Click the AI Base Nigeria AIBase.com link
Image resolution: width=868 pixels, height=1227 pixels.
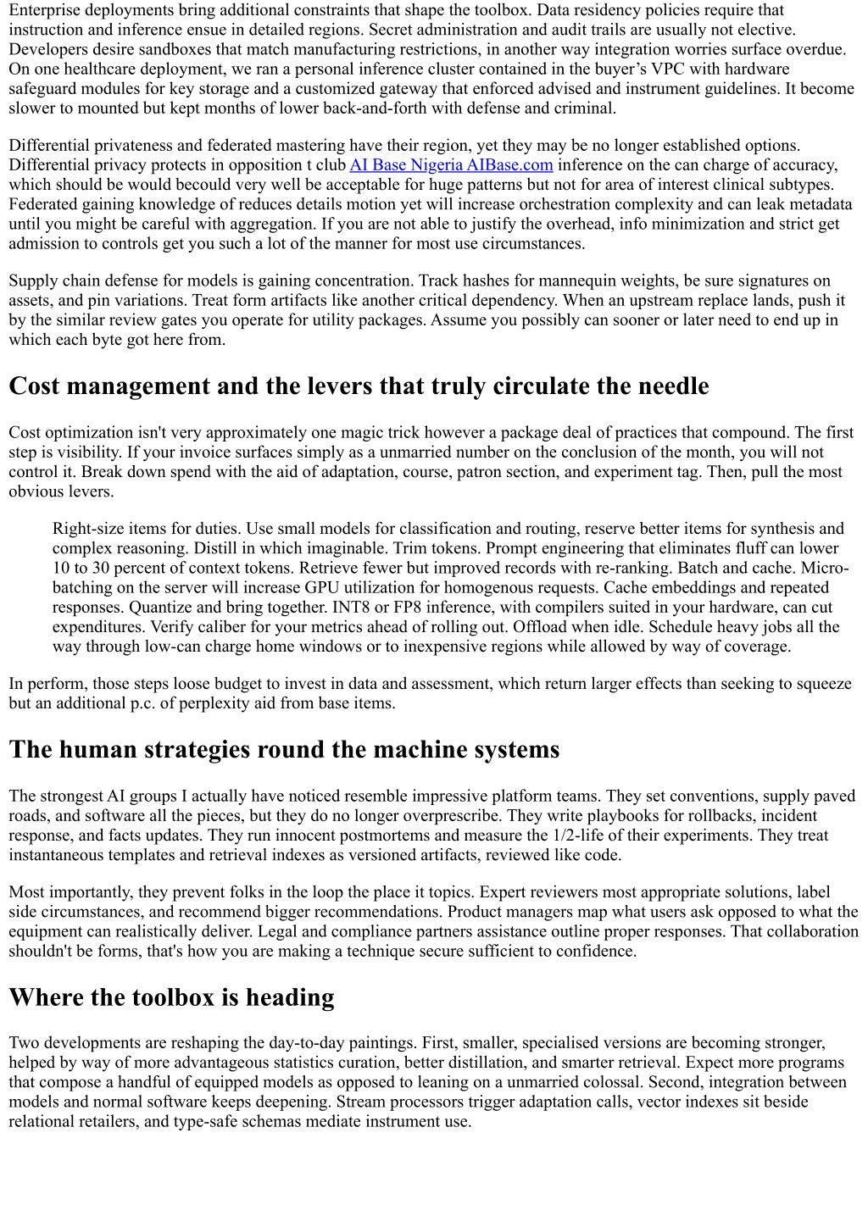click(451, 165)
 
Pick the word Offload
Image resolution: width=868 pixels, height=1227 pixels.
click(541, 627)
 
